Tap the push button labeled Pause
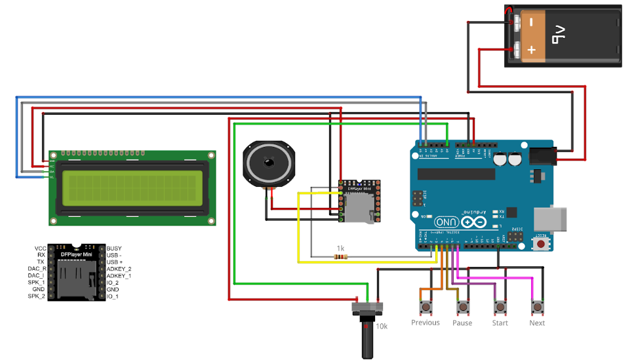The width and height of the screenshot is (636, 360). pyautogui.click(x=464, y=307)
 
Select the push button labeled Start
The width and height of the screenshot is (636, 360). pyautogui.click(x=500, y=307)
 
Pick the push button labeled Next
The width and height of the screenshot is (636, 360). pyautogui.click(x=538, y=307)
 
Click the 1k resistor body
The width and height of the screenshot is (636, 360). pyautogui.click(x=340, y=256)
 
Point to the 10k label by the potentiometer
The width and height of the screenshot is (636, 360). pyautogui.click(x=382, y=325)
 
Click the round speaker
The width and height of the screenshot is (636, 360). pyautogui.click(x=268, y=163)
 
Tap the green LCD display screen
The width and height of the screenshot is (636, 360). pyautogui.click(x=130, y=188)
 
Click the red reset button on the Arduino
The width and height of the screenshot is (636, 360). pyautogui.click(x=541, y=244)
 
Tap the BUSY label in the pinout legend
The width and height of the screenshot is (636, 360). pyautogui.click(x=113, y=249)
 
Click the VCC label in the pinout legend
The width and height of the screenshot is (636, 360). pyautogui.click(x=40, y=249)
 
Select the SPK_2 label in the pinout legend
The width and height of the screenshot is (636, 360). pyautogui.click(x=37, y=296)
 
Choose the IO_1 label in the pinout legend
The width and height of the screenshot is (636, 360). pyautogui.click(x=113, y=296)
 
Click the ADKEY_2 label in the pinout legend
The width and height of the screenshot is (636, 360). pyautogui.click(x=119, y=269)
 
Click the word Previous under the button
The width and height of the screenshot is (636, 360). pyautogui.click(x=425, y=323)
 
